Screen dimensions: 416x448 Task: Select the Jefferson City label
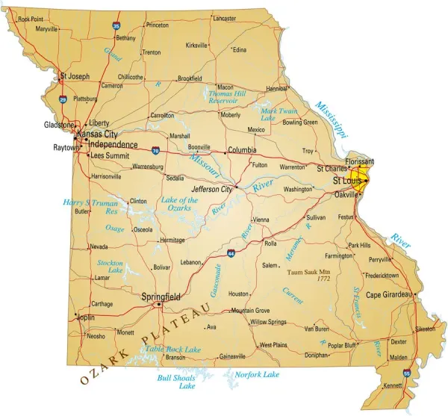[211, 189]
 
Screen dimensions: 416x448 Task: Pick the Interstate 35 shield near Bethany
[116, 25]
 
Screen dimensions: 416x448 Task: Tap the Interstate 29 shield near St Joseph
[63, 99]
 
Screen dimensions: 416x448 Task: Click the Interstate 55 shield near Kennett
[406, 372]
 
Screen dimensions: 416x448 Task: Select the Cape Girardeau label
[388, 294]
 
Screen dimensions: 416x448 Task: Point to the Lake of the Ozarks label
[180, 204]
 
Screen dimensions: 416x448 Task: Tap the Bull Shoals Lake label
[176, 382]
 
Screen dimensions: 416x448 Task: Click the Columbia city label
[242, 149]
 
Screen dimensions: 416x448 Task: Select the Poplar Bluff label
[343, 344]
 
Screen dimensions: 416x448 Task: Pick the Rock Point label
[31, 19]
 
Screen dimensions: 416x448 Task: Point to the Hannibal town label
[277, 88]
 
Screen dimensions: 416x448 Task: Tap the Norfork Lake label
[257, 373]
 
